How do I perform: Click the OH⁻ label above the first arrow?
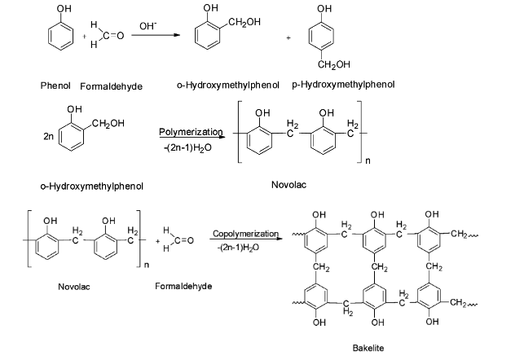tap(148, 26)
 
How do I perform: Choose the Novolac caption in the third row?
tap(74, 287)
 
